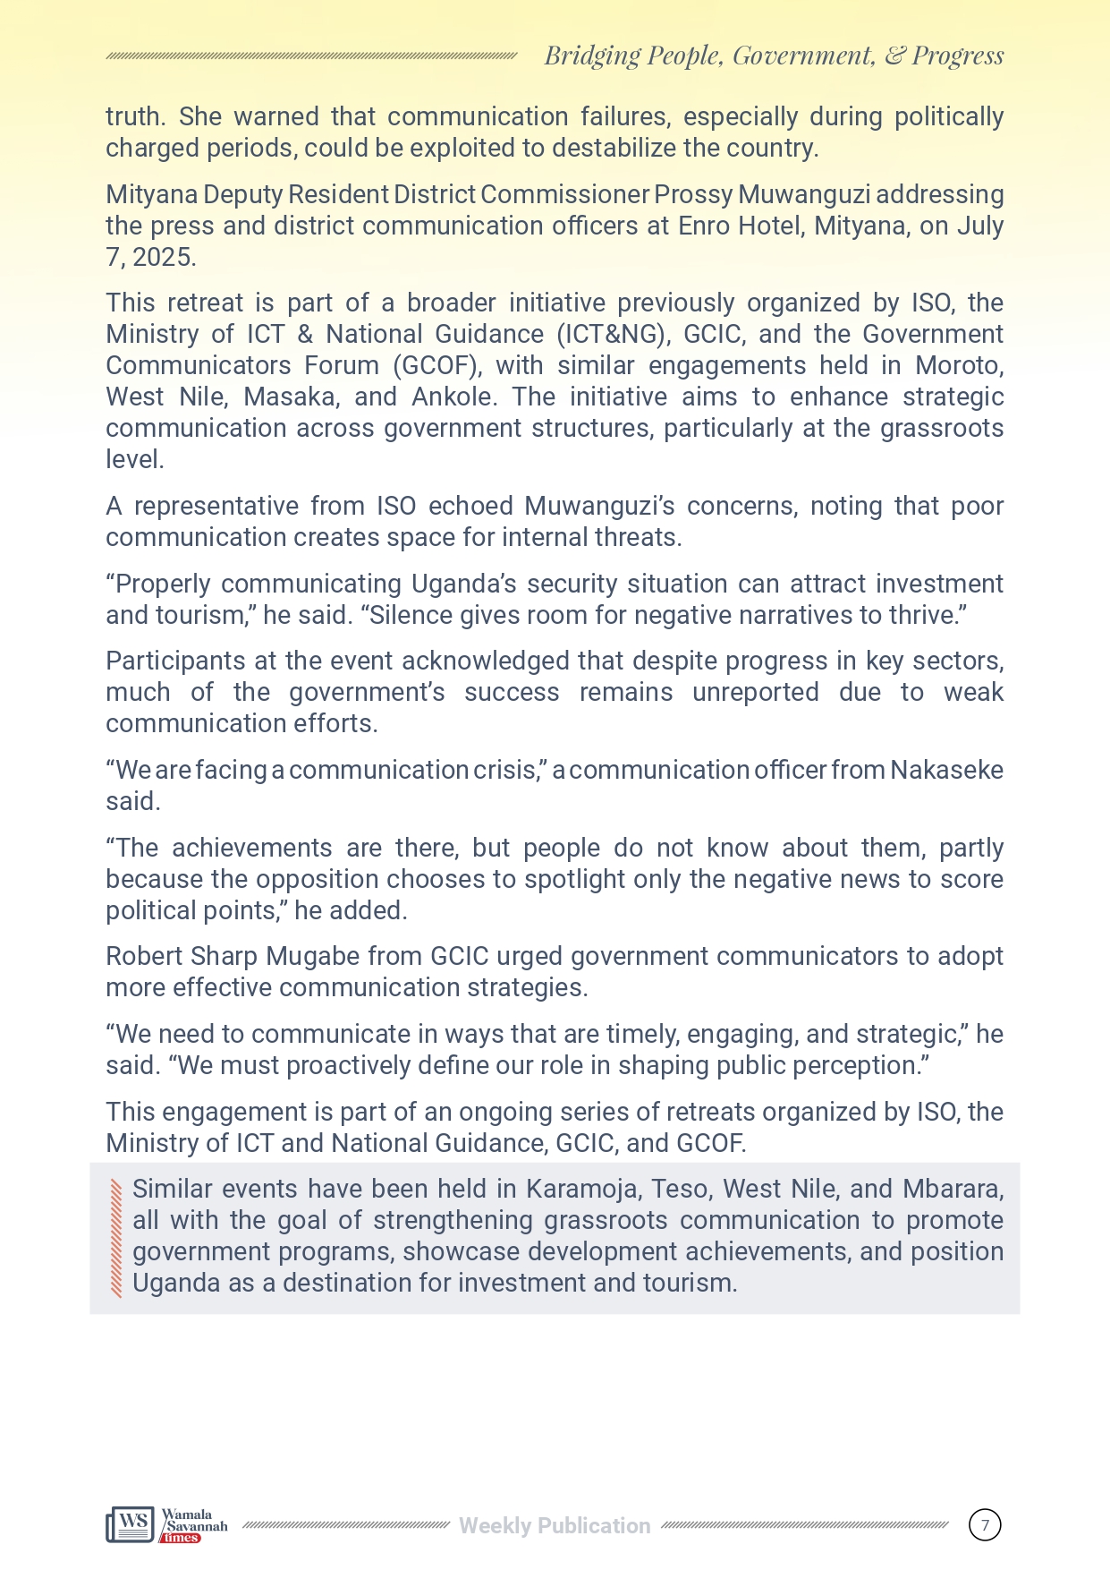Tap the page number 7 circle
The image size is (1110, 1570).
coord(985,1524)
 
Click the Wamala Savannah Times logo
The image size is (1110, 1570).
coord(166,1524)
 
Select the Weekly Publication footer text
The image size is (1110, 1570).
coord(555,1526)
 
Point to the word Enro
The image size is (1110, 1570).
coord(705,226)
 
